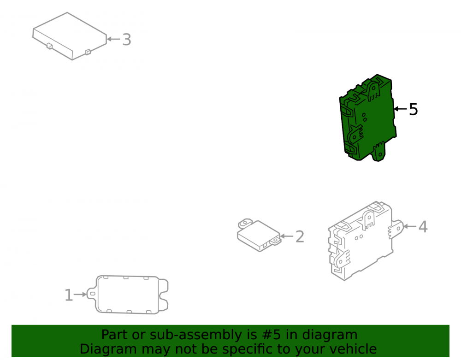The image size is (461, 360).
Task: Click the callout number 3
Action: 127,39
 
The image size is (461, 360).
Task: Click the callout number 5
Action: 414,109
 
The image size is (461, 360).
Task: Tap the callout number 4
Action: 423,227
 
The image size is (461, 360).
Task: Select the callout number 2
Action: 300,236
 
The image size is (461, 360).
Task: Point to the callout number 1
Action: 69,295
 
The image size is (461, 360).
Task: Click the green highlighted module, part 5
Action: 368,118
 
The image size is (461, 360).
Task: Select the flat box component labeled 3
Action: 70,36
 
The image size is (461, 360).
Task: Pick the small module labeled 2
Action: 259,235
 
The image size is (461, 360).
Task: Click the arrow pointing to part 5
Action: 401,109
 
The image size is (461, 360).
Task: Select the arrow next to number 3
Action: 113,39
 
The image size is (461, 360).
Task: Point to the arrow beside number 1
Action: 80,294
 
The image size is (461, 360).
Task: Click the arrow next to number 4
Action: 410,226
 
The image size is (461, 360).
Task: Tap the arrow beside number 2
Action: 287,236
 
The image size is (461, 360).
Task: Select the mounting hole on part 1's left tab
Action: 92,294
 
